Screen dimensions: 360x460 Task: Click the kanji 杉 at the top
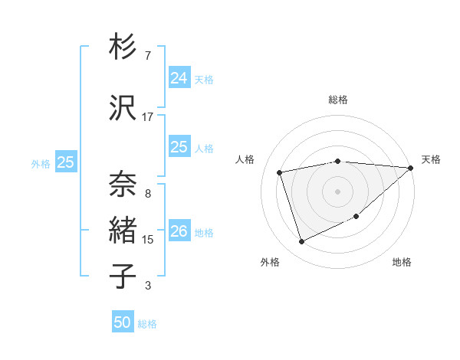click(x=123, y=47)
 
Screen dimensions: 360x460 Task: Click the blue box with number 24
click(x=179, y=78)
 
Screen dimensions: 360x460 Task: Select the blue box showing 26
click(x=179, y=231)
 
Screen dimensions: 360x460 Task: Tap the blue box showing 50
click(x=123, y=322)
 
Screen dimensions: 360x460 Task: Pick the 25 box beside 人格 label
click(x=179, y=147)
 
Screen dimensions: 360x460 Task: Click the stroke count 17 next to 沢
click(x=148, y=117)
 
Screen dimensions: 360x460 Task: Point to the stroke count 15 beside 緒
click(x=148, y=240)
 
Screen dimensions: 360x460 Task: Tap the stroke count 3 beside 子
click(x=148, y=286)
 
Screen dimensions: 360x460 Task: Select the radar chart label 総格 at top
click(x=338, y=100)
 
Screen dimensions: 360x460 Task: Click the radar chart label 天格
click(x=431, y=159)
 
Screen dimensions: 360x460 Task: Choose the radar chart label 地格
click(x=402, y=263)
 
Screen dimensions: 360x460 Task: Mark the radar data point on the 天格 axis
click(x=410, y=168)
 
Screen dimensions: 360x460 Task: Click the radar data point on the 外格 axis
click(x=302, y=241)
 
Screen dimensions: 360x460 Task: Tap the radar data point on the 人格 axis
click(x=280, y=172)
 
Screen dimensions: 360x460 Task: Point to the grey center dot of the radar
click(x=338, y=191)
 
